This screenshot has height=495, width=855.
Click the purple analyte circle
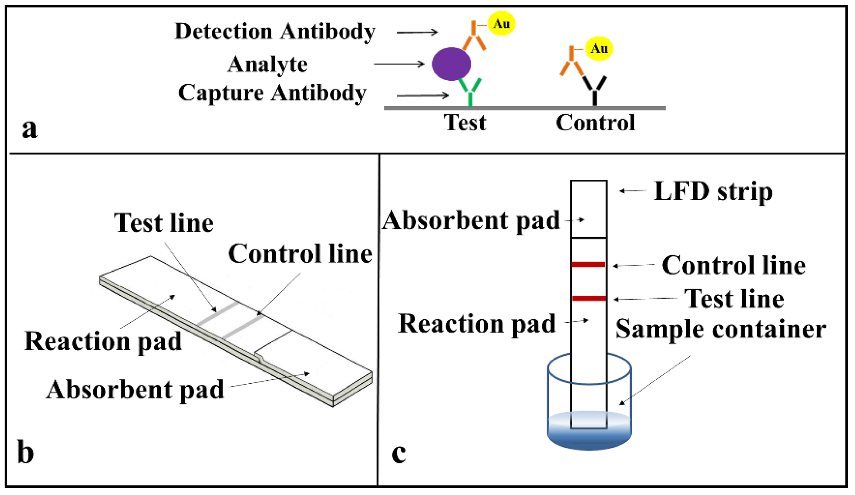[451, 64]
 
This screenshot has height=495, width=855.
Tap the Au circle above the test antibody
[501, 23]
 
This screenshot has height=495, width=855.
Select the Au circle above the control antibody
[598, 48]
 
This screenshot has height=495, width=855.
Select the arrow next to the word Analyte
[399, 64]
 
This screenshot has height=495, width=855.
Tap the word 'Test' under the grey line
[465, 123]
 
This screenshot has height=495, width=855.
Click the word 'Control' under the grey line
[595, 123]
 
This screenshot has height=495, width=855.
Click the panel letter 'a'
[29, 129]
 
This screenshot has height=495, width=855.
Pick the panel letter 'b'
[26, 452]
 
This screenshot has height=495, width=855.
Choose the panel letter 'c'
[398, 453]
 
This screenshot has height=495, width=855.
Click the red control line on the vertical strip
[588, 264]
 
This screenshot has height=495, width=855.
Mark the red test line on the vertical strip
[588, 298]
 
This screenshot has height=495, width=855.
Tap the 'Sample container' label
[720, 330]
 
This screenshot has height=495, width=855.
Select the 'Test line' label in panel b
[164, 223]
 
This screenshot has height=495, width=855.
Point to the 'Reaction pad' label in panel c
[476, 324]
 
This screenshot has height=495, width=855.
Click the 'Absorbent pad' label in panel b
[135, 390]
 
